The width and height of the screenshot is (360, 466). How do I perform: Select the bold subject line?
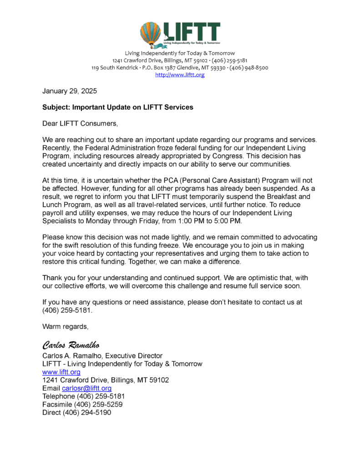[118, 107]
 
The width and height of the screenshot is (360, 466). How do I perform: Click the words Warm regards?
[65, 326]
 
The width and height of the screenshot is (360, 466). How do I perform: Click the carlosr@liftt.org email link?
[87, 388]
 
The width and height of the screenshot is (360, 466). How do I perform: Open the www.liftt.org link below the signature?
[61, 372]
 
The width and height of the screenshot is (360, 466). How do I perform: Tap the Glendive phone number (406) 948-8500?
[248, 68]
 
